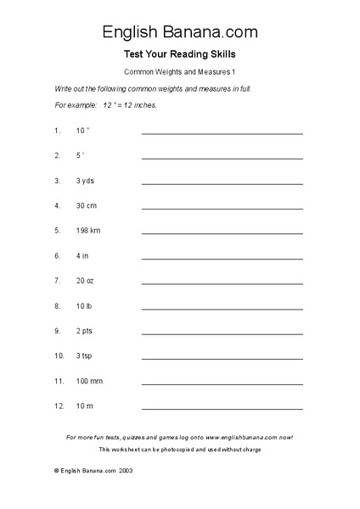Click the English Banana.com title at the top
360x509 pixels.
tap(179, 32)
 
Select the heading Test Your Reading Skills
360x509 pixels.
tap(179, 54)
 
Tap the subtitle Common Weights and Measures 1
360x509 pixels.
tap(179, 72)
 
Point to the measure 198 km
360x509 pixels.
tap(88, 230)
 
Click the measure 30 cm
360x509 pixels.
tap(86, 205)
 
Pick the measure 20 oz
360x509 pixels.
tap(85, 280)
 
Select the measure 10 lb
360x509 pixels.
tap(83, 305)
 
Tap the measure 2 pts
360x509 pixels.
tap(84, 330)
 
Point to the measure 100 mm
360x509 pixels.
tap(88, 381)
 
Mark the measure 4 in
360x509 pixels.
tap(82, 255)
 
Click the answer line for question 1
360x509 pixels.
tap(222, 133)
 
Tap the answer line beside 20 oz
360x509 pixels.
tap(222, 282)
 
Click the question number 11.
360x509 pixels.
tap(59, 381)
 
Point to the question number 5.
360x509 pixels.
tap(57, 230)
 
